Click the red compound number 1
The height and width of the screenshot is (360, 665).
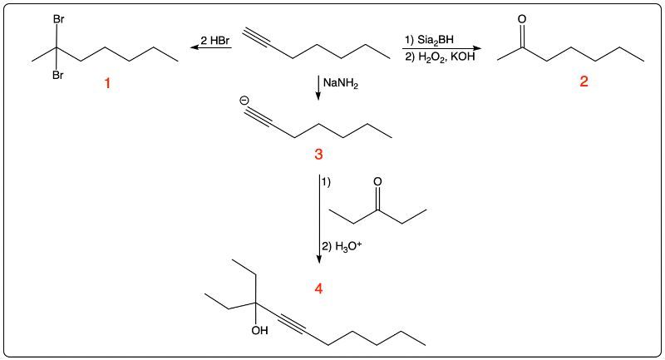tap(107, 83)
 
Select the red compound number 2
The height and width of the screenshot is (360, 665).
tap(584, 81)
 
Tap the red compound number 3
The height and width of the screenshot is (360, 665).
tap(318, 154)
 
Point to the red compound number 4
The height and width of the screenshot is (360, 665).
tap(318, 288)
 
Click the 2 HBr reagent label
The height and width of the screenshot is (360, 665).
tap(214, 41)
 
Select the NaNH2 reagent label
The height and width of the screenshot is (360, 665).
tap(341, 83)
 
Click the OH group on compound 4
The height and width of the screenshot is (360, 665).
tap(259, 330)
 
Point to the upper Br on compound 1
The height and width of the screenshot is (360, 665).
tap(58, 19)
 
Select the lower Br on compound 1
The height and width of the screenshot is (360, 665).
tap(58, 76)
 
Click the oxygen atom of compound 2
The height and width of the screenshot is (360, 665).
tap(522, 19)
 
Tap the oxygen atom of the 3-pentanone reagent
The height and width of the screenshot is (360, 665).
tap(377, 182)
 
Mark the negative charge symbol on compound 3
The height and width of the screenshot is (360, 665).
tap(244, 101)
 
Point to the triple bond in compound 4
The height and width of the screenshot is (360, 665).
tap(292, 324)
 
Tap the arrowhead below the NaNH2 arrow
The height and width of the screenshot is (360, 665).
tap(318, 96)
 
